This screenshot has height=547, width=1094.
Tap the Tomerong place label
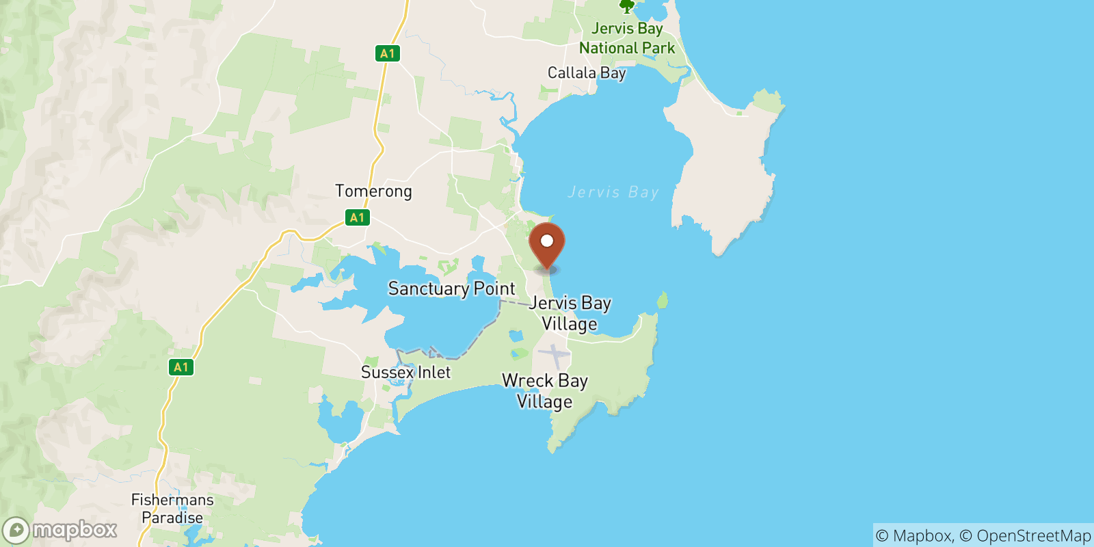click(373, 191)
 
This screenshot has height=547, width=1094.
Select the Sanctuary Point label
click(451, 289)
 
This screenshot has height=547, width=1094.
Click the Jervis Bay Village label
click(570, 312)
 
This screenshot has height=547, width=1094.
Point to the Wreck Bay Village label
click(545, 390)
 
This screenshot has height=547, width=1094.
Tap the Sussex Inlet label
click(405, 372)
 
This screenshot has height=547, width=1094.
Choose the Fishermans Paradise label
click(172, 509)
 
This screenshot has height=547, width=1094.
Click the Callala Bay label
click(587, 72)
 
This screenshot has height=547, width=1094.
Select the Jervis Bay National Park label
click(627, 38)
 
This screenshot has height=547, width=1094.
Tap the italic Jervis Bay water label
click(613, 192)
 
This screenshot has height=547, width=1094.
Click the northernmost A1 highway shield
click(387, 53)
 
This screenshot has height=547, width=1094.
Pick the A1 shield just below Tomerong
click(357, 217)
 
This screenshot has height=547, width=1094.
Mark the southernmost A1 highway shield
click(181, 367)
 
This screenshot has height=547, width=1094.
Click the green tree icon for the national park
click(626, 7)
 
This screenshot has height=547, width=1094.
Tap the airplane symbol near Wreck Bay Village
click(554, 355)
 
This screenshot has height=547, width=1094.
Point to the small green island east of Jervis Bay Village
click(662, 299)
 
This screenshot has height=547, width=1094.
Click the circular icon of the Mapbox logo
click(16, 530)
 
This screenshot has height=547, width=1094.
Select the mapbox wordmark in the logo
click(75, 530)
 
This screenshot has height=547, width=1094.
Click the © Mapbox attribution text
click(913, 535)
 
